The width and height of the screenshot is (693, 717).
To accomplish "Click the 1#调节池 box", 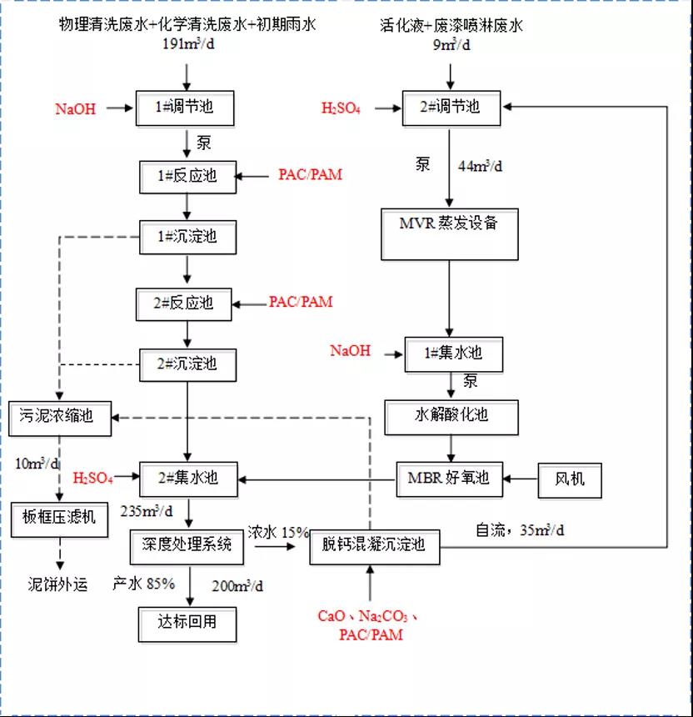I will tap(186, 108).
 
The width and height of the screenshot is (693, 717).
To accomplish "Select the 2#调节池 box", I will tap(452, 108).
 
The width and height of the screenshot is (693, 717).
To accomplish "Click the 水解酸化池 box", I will tap(451, 414).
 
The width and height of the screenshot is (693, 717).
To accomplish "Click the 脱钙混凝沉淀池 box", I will tap(374, 545).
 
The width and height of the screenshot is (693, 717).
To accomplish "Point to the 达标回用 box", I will tap(187, 622).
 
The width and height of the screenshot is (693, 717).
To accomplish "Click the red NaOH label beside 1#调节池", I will tap(76, 108).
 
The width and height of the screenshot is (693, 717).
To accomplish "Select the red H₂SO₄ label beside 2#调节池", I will tap(341, 108).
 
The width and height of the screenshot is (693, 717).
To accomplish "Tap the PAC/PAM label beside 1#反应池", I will tap(310, 175).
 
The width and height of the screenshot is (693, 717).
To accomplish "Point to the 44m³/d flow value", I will tap(482, 166).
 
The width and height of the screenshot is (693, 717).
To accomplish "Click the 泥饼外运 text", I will tap(57, 584).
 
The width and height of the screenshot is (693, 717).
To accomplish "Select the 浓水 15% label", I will tap(277, 532).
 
